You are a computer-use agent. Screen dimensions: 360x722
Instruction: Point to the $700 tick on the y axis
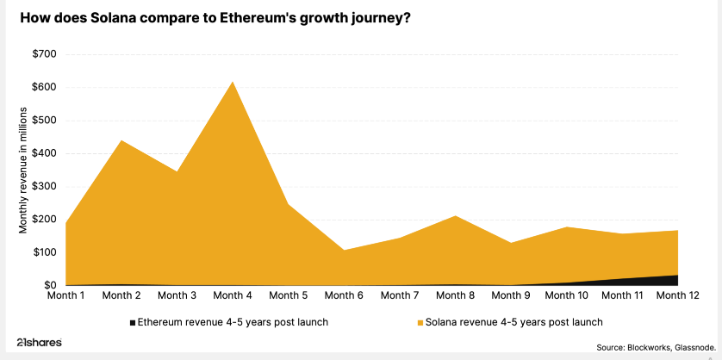44,54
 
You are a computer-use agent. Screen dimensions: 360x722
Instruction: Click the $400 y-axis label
44,153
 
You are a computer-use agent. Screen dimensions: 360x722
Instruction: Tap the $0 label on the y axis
49,285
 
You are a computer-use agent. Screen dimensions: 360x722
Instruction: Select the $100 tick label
44,252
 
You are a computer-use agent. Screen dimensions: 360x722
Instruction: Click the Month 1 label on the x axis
65,296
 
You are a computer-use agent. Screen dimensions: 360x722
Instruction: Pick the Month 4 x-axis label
233,296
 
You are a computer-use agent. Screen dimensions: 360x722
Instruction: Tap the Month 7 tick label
400,296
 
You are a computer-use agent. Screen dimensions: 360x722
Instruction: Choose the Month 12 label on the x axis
677,296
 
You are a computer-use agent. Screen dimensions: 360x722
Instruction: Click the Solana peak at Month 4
233,83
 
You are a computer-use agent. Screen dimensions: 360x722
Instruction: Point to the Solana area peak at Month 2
121,141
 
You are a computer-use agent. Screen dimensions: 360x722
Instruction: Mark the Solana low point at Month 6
344,251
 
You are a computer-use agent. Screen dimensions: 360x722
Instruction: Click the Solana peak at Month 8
455,216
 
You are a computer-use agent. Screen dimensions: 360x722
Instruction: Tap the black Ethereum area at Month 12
673,281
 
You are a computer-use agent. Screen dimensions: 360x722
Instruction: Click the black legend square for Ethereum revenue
132,322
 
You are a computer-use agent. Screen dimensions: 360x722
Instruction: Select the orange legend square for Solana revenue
420,322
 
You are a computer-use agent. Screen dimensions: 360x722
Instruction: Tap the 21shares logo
40,342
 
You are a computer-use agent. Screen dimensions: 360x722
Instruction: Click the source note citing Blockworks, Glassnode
656,347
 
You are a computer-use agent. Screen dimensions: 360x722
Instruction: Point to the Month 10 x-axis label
566,296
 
